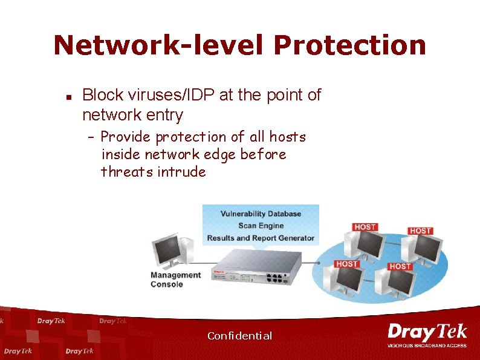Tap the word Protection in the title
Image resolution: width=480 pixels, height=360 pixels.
349,45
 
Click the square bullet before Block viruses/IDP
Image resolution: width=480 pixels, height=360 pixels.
69,96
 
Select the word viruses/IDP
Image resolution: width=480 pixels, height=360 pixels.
158,95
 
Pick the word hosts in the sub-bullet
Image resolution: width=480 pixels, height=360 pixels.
287,137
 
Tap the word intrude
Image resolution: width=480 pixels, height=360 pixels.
181,172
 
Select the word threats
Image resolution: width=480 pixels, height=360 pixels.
127,172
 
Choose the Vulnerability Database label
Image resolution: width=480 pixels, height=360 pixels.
261,214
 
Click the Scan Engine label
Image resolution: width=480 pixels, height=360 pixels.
261,226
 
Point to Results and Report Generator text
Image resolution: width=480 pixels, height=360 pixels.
261,238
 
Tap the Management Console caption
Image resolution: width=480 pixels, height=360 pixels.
175,280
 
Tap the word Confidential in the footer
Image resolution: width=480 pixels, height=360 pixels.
239,336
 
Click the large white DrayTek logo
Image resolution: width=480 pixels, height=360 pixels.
427,332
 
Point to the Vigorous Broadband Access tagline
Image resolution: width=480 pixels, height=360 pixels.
427,345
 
